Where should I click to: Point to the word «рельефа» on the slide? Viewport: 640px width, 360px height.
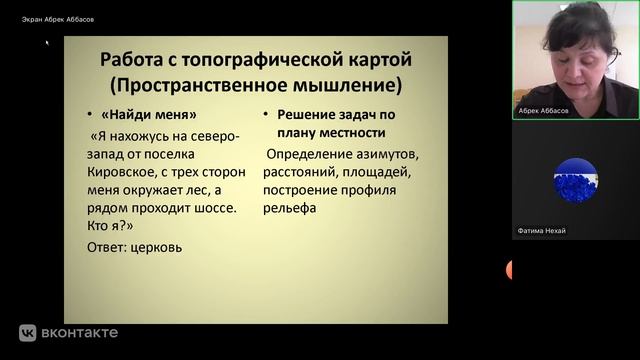(292, 209)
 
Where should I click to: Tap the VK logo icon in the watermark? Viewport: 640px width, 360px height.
(28, 333)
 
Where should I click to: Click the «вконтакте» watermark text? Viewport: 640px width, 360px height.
(80, 333)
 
